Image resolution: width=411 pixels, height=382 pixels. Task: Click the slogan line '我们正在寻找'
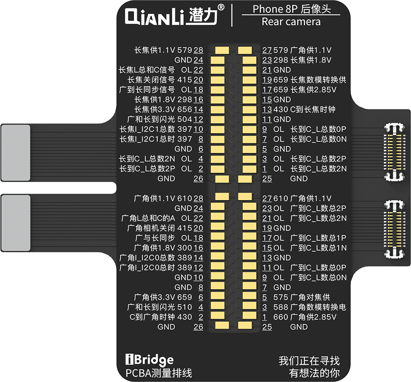click(309, 361)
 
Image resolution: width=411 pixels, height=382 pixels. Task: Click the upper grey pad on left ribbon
click(16, 151)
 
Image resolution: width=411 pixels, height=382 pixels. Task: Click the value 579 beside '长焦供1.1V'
click(184, 50)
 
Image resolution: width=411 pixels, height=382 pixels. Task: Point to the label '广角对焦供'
click(310, 297)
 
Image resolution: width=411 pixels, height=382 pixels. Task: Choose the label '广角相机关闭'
click(151, 228)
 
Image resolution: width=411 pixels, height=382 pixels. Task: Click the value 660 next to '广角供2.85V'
click(280, 317)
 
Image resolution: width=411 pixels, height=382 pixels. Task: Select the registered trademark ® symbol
click(221, 7)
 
